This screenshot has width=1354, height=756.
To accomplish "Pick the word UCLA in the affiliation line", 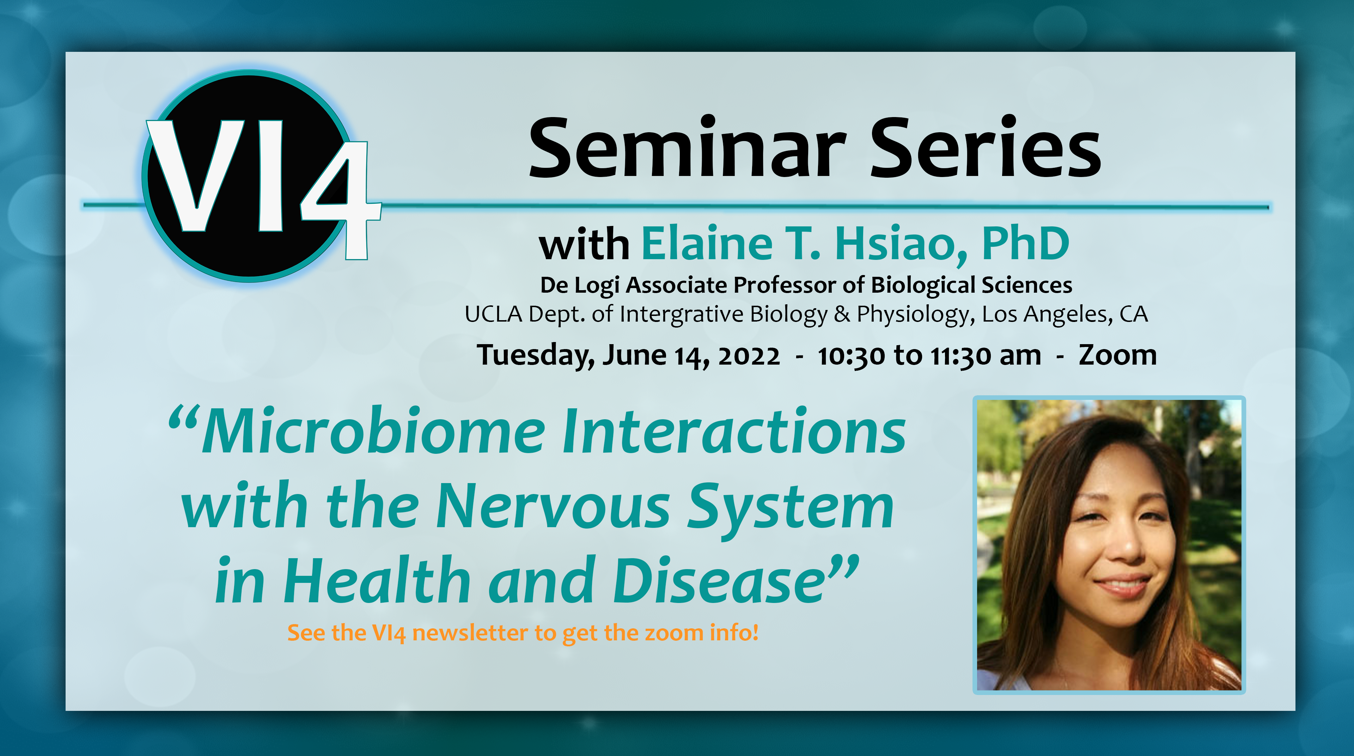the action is pyautogui.click(x=494, y=315).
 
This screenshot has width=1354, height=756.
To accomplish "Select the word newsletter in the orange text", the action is pyautogui.click(x=470, y=633).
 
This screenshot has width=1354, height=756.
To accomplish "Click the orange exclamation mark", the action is pyautogui.click(x=755, y=632).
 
